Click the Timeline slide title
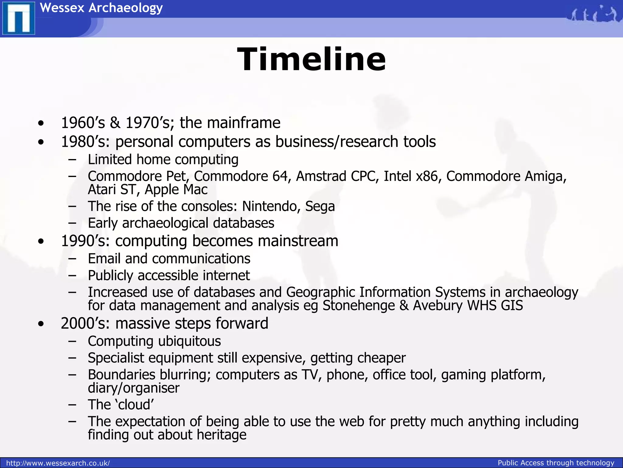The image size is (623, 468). click(x=311, y=59)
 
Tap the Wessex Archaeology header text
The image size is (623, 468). click(x=101, y=8)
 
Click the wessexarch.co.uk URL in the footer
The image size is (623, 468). click(x=58, y=463)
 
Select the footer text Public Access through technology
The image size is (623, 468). click(x=556, y=463)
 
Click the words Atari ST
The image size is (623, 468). click(x=111, y=190)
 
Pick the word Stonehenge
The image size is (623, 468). click(x=359, y=306)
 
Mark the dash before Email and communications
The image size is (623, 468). click(x=72, y=259)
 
